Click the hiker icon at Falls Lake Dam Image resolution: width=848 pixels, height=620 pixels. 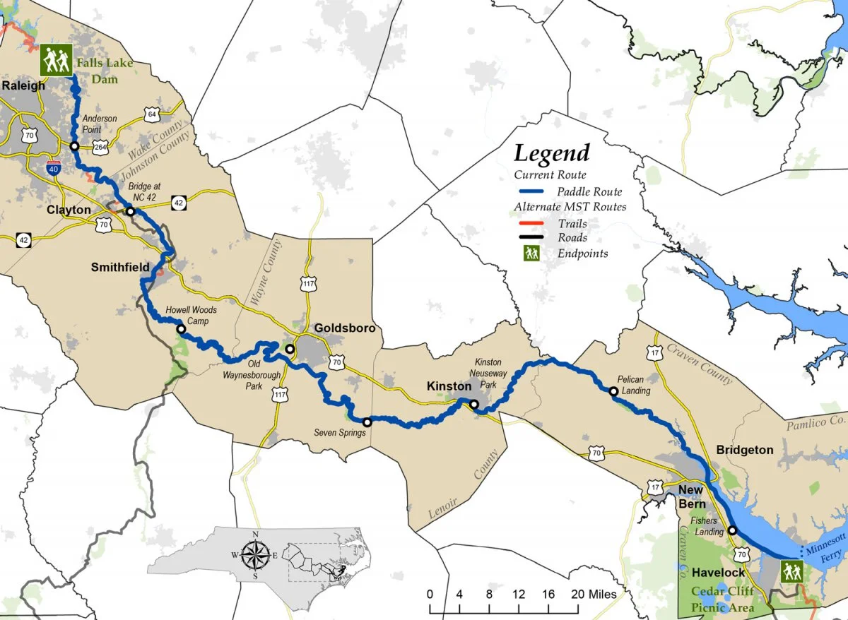(55, 59)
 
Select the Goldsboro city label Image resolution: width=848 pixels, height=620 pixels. (344, 328)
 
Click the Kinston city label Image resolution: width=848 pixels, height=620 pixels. (449, 386)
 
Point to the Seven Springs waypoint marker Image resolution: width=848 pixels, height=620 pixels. (367, 422)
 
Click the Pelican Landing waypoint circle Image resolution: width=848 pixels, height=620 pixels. (613, 391)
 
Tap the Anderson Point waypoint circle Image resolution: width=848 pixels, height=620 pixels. (74, 146)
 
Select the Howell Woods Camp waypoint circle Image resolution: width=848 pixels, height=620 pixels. (181, 329)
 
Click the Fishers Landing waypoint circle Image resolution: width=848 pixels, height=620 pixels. (732, 530)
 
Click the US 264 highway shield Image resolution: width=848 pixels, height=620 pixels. (98, 146)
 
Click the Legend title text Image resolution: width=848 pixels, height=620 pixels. (551, 153)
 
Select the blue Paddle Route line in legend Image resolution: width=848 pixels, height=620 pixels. (533, 191)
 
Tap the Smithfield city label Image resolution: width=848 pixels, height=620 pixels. (120, 267)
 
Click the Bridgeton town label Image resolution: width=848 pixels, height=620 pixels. (744, 450)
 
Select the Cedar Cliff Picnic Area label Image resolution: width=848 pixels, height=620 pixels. (722, 600)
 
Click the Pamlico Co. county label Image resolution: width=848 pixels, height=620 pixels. (816, 423)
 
